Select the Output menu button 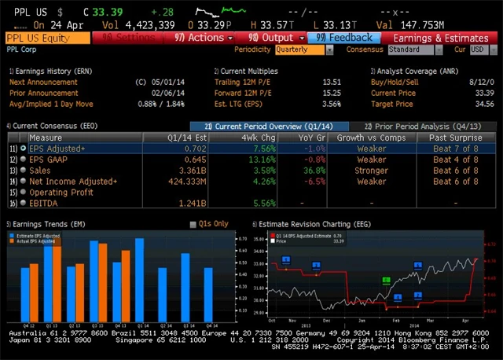(270, 38)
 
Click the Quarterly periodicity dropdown (302, 50)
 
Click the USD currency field (478, 50)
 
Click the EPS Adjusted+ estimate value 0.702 (195, 148)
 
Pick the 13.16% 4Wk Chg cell (261, 159)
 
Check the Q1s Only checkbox (193, 224)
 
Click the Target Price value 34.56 (480, 104)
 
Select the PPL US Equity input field (47, 38)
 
